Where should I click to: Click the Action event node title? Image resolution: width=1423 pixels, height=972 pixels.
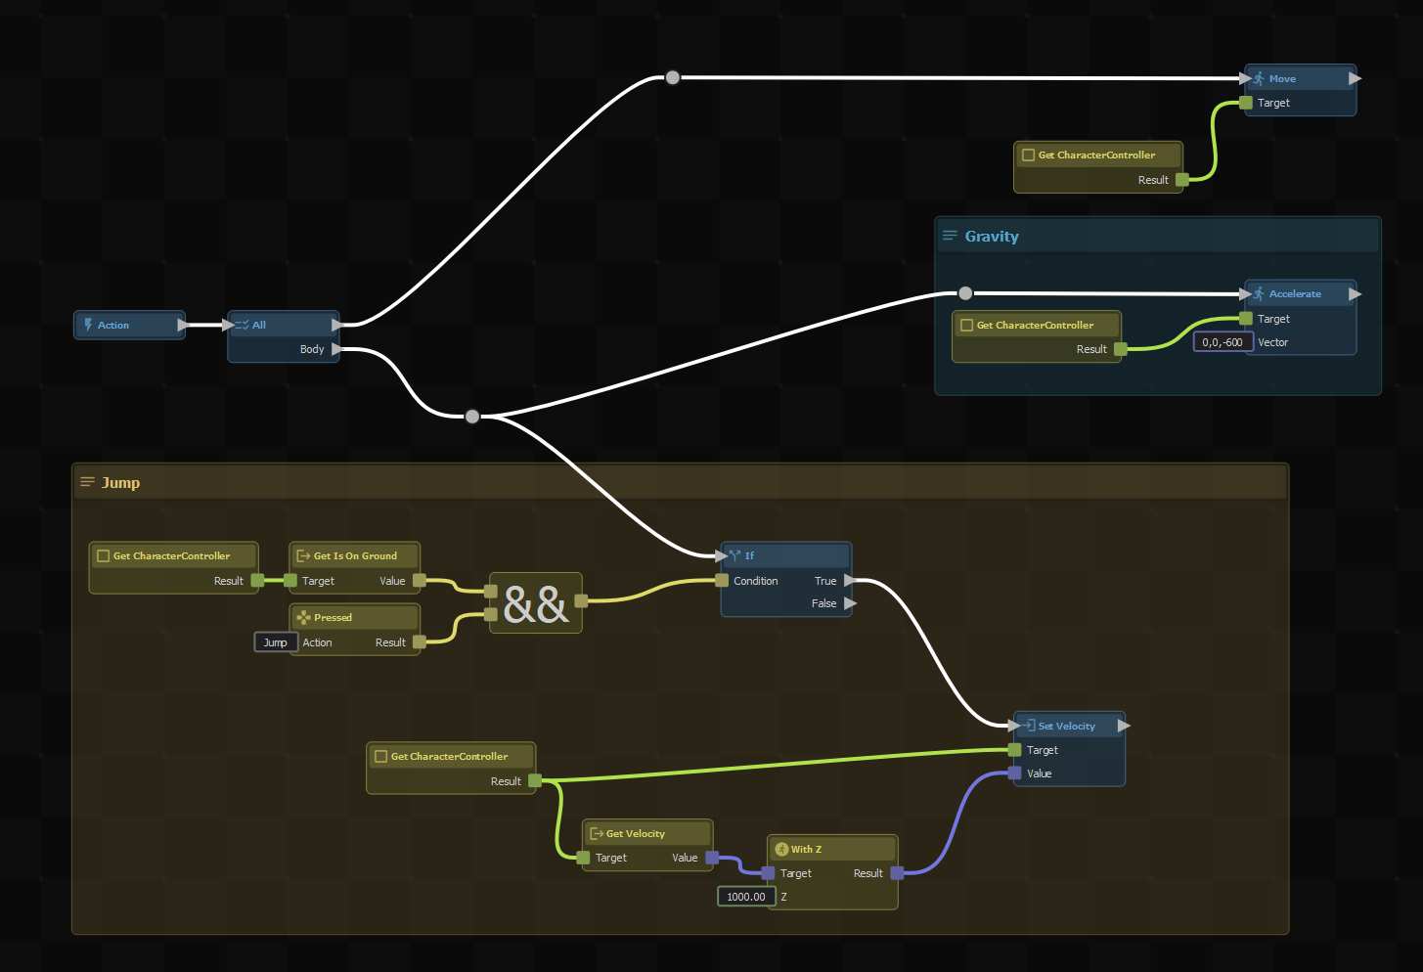[x=113, y=326]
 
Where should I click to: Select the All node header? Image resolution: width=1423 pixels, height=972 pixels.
[x=259, y=326]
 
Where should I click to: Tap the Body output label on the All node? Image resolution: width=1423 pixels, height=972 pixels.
[x=312, y=349]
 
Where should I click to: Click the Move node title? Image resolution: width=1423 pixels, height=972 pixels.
[x=1282, y=79]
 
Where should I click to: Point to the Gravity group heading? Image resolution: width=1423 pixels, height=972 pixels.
[x=992, y=237]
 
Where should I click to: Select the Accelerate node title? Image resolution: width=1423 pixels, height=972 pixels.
[x=1295, y=294]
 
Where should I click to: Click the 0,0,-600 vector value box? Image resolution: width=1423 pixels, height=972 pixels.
[x=1223, y=342]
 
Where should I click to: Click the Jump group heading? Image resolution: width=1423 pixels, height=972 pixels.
[x=121, y=483]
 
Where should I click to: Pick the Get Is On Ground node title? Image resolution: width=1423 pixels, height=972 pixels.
[x=355, y=556]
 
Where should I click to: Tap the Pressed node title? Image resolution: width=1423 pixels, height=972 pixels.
[x=333, y=618]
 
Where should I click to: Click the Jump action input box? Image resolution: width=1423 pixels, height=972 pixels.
[x=276, y=642]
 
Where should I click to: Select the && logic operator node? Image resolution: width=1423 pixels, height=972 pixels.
[x=536, y=603]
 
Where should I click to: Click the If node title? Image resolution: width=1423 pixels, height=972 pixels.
[x=749, y=556]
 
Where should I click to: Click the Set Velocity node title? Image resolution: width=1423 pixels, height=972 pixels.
[x=1066, y=727]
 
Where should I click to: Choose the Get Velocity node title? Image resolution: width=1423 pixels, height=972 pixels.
[x=635, y=834]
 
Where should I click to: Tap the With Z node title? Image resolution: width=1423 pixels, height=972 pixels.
[x=806, y=850]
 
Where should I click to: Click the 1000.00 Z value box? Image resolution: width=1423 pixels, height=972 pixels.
[x=746, y=897]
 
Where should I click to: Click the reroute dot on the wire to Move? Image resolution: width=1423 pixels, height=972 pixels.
[x=673, y=77]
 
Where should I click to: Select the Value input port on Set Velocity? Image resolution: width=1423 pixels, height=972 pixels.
[x=1015, y=773]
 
